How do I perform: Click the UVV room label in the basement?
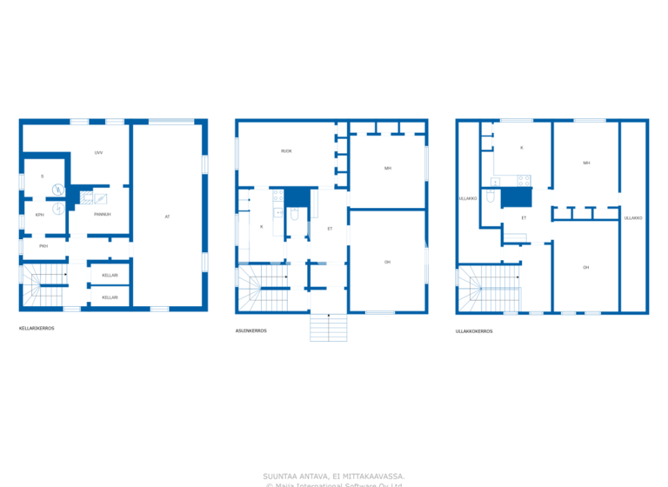tap(99, 152)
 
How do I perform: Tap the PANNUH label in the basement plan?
tap(102, 214)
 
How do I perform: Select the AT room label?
tap(167, 216)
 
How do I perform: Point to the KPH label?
tap(39, 214)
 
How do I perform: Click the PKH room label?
tap(43, 246)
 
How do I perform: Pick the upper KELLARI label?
tap(110, 275)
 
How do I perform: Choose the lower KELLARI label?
tap(110, 297)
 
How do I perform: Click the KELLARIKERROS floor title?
tap(37, 329)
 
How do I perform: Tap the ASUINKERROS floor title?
tap(250, 330)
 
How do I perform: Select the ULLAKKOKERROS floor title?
tap(474, 330)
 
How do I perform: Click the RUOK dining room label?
tap(286, 151)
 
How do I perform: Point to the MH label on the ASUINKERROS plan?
tap(387, 168)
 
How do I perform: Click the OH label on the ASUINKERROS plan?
tap(387, 262)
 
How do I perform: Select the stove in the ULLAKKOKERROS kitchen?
tap(524, 181)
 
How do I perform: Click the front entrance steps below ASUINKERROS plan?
tap(328, 327)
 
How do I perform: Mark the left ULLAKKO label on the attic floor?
tap(467, 198)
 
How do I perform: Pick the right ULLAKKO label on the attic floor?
tap(632, 217)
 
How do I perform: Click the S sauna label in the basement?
tap(42, 177)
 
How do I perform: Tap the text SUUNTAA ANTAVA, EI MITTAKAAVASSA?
tap(333, 476)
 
